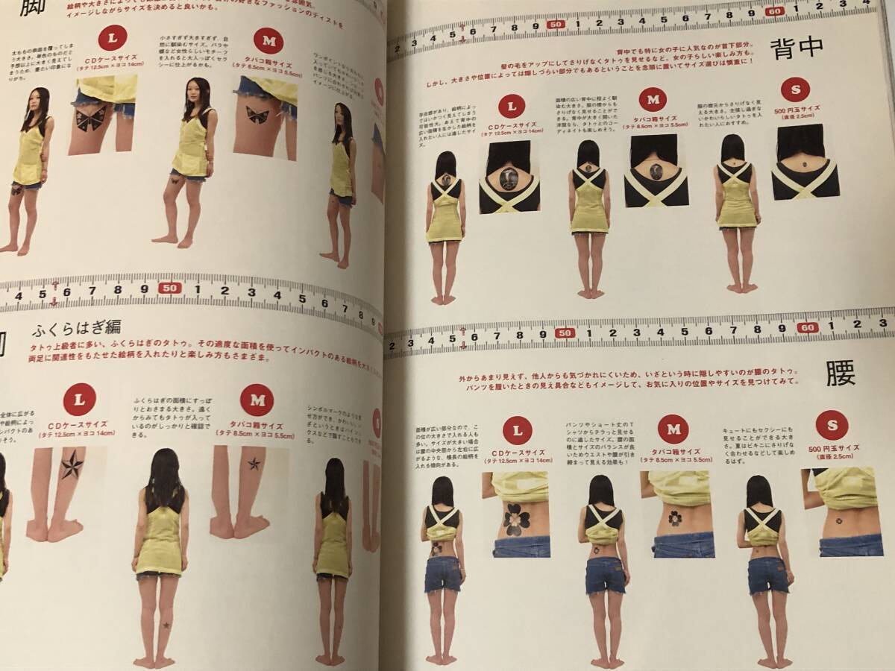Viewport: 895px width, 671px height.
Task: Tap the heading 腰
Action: point(840,373)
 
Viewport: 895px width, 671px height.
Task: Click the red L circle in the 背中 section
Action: point(512,106)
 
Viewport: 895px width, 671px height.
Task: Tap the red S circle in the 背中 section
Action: point(795,89)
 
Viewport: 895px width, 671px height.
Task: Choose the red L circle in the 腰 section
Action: point(517,430)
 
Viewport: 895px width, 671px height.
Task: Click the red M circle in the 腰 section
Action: point(673,429)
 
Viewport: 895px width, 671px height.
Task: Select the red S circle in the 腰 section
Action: point(832,425)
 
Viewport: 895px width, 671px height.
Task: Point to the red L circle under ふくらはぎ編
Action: point(79,399)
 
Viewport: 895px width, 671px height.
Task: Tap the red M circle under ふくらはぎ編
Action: point(257,400)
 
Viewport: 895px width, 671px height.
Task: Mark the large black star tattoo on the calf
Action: point(72,465)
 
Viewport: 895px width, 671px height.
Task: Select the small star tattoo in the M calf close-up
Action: point(254,463)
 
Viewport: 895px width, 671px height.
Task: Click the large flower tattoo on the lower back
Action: point(516,519)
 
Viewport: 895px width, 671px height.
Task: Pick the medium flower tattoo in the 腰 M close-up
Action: point(675,517)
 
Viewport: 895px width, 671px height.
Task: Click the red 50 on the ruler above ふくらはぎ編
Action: point(170,288)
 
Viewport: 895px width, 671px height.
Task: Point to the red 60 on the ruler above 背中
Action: point(774,11)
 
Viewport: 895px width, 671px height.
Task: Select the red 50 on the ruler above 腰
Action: point(565,333)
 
